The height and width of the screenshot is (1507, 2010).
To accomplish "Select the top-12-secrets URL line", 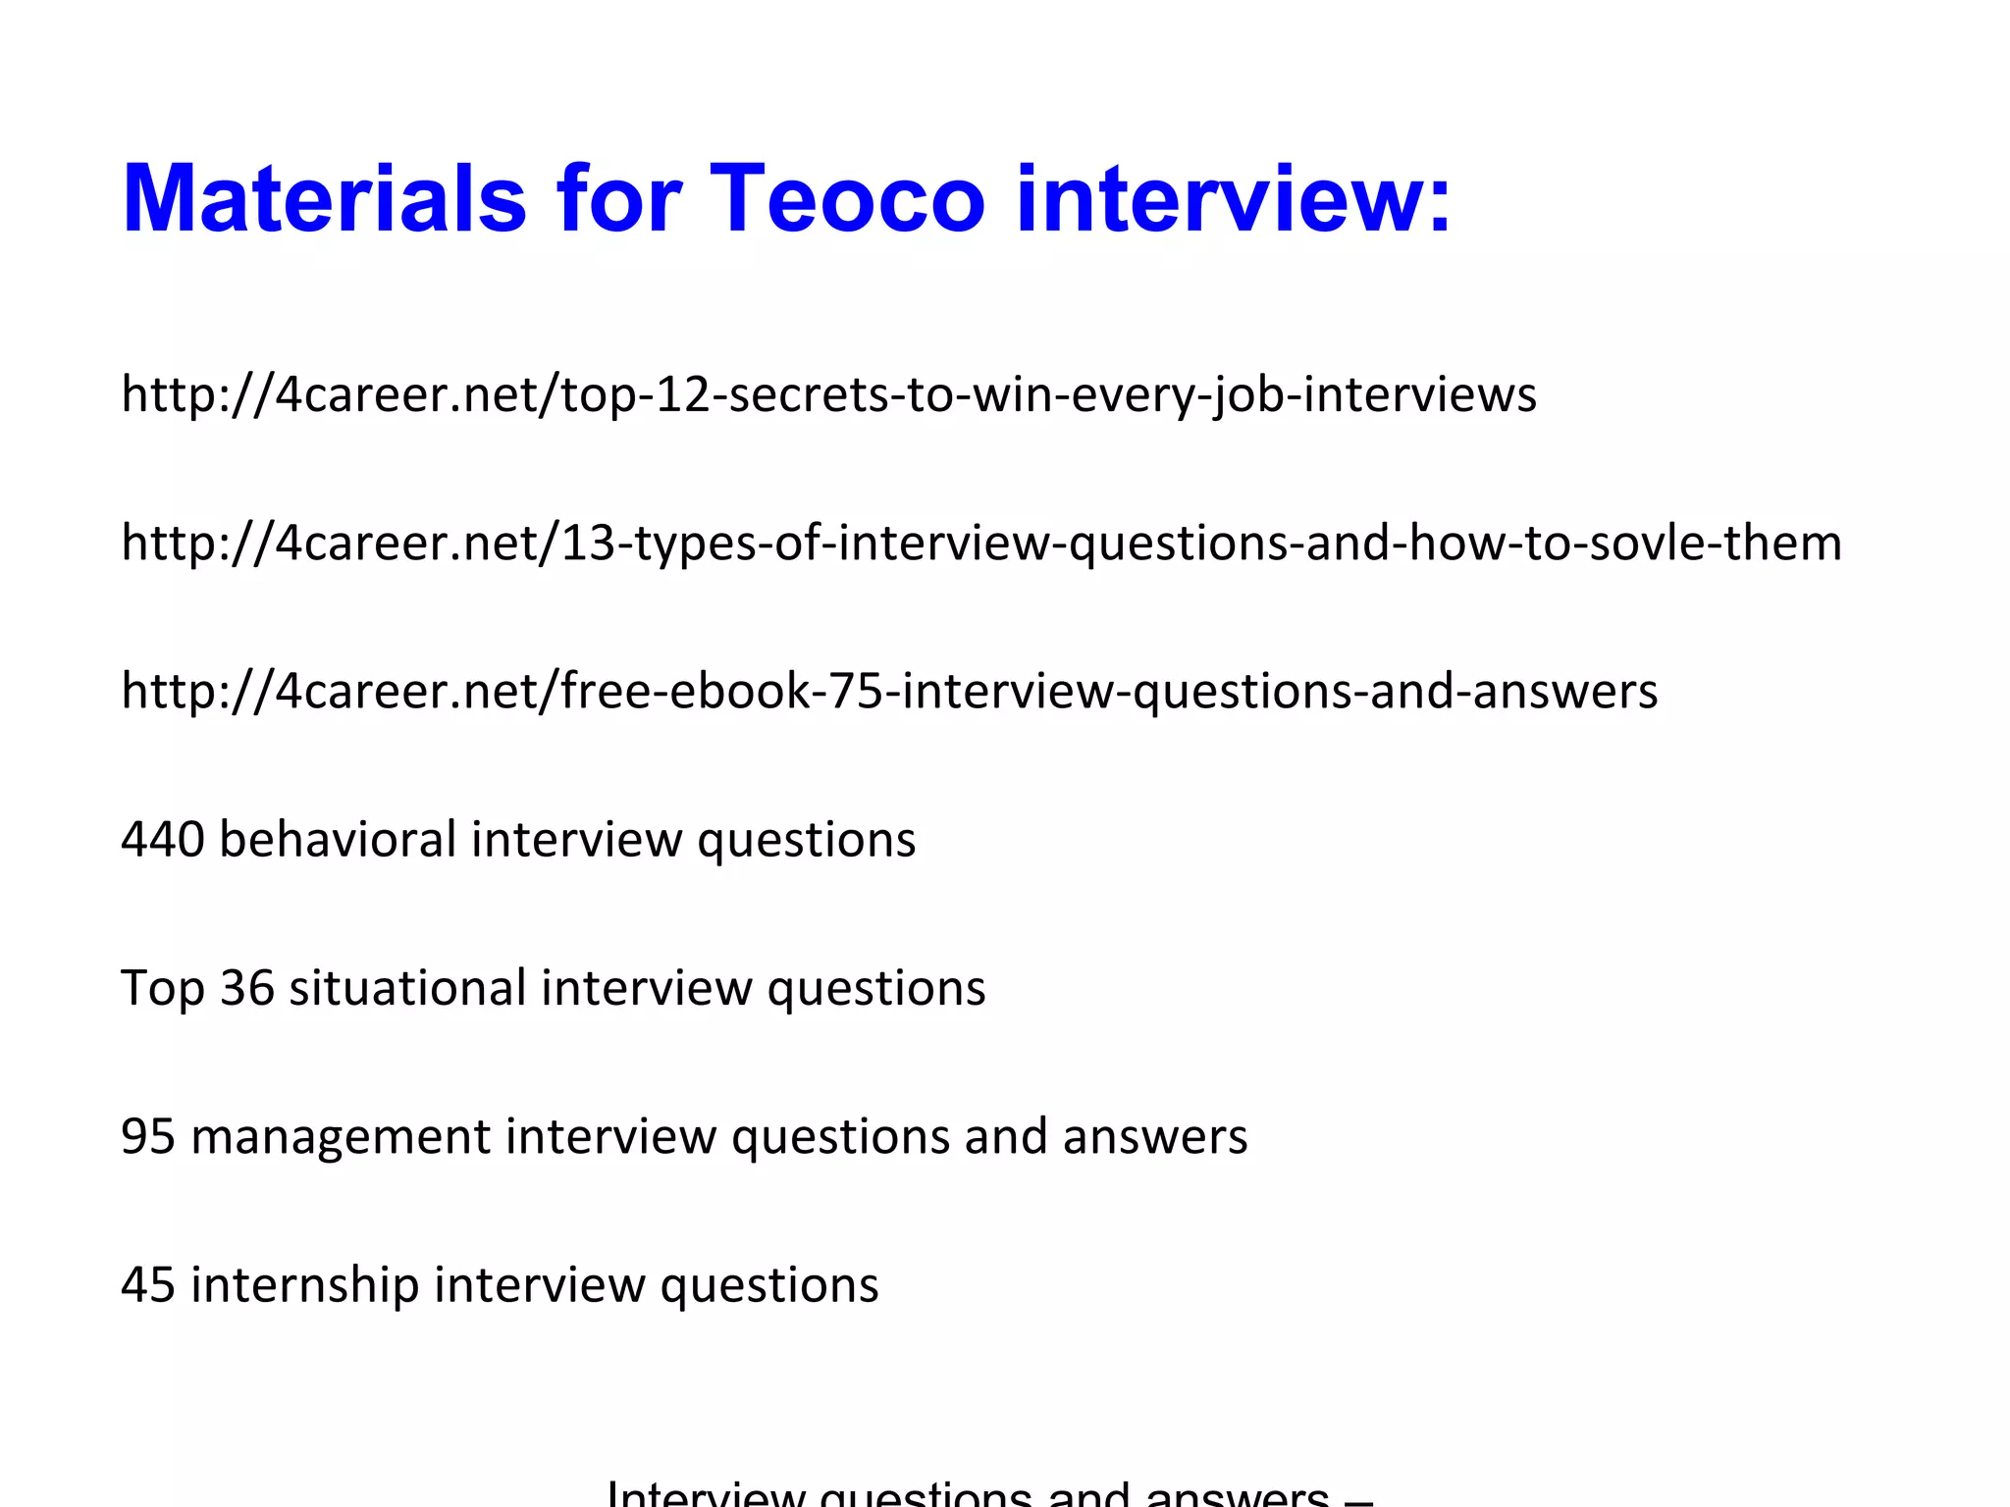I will tap(828, 394).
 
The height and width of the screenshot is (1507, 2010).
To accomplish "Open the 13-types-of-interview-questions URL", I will tap(981, 543).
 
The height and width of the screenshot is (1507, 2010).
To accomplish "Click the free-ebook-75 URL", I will tap(889, 691).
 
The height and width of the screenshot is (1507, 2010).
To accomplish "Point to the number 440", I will tap(163, 840).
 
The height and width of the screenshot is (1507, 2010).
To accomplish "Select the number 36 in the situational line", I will tap(246, 988).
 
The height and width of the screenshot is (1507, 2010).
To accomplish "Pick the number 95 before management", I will tap(148, 1136).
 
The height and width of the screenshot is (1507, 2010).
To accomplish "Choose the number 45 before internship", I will tap(148, 1284).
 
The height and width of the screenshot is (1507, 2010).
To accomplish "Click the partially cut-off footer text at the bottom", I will tap(989, 1494).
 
